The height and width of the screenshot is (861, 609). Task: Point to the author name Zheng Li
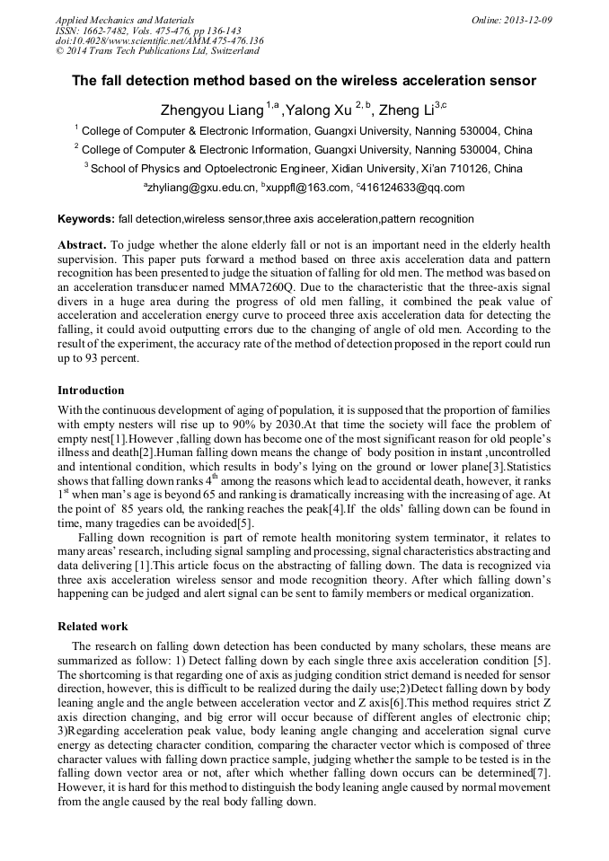pos(403,111)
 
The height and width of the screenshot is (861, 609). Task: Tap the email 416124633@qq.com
pos(412,188)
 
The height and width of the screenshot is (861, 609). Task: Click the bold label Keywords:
pos(86,219)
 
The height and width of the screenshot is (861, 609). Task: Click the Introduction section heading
pos(91,391)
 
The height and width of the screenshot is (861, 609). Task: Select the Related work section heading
pos(93,626)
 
